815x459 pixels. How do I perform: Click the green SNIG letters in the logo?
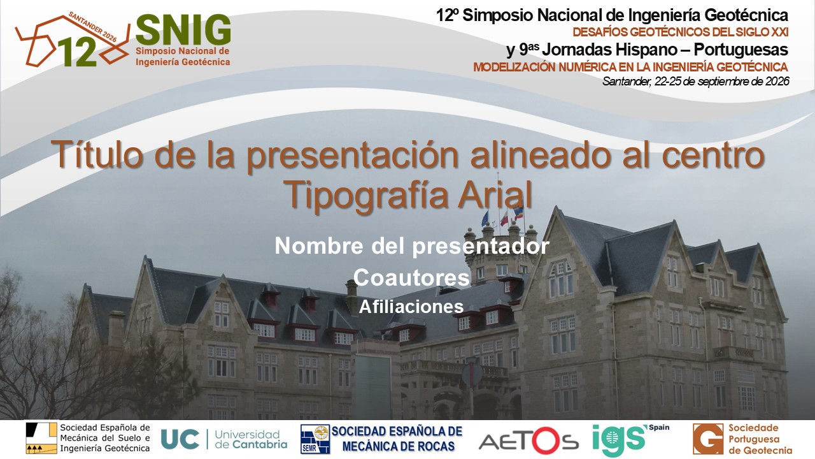pyautogui.click(x=183, y=29)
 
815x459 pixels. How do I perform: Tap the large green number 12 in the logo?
pyautogui.click(x=78, y=53)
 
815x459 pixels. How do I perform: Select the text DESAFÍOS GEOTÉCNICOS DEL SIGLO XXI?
pyautogui.click(x=681, y=33)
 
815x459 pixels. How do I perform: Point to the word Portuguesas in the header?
pyautogui.click(x=741, y=50)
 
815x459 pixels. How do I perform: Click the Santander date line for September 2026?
pyautogui.click(x=696, y=81)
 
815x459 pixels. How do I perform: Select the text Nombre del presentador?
pyautogui.click(x=412, y=246)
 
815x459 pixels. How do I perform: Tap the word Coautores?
pyautogui.click(x=411, y=277)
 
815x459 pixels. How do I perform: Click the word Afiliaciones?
pyautogui.click(x=411, y=307)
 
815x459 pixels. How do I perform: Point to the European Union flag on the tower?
pyautogui.click(x=485, y=219)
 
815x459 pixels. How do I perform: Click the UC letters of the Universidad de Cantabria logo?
pyautogui.click(x=180, y=439)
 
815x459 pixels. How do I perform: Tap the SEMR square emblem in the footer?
pyautogui.click(x=315, y=439)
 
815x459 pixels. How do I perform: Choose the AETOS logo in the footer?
pyautogui.click(x=528, y=441)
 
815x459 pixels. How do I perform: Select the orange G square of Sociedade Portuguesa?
pyautogui.click(x=708, y=439)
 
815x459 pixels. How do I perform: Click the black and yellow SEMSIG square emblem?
pyautogui.click(x=41, y=438)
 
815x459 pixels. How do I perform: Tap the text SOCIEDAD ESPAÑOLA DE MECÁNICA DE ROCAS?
pyautogui.click(x=397, y=439)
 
